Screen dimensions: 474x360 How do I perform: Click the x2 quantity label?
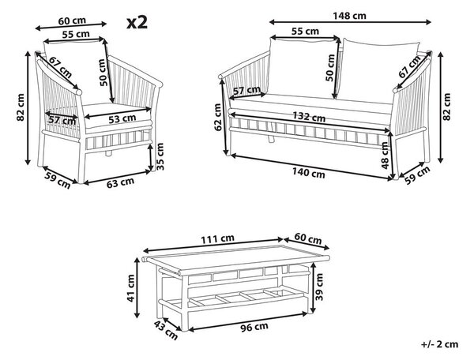(x=137, y=23)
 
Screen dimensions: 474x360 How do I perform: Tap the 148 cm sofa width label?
(x=349, y=16)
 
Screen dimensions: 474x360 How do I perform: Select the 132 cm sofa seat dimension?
(x=309, y=117)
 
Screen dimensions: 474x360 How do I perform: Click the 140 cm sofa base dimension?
(x=308, y=173)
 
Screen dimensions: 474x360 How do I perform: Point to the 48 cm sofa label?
(x=386, y=156)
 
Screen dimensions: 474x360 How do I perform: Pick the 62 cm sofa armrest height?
(x=218, y=117)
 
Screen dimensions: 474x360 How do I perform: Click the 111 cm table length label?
(x=218, y=239)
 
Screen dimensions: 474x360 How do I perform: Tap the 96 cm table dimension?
(x=255, y=327)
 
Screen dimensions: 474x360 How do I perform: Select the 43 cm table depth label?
(x=165, y=330)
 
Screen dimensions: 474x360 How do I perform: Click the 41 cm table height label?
(x=131, y=288)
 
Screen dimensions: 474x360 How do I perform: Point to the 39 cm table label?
(x=319, y=287)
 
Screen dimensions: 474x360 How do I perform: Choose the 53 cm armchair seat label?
(x=122, y=118)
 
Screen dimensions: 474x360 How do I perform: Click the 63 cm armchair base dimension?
(x=120, y=182)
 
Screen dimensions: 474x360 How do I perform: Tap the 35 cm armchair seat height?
(x=160, y=156)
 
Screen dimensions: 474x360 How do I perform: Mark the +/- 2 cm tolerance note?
(x=439, y=344)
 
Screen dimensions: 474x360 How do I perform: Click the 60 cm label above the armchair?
(x=72, y=21)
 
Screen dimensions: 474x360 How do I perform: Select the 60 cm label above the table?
(x=308, y=238)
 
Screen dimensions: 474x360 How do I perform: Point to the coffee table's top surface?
(x=235, y=257)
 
